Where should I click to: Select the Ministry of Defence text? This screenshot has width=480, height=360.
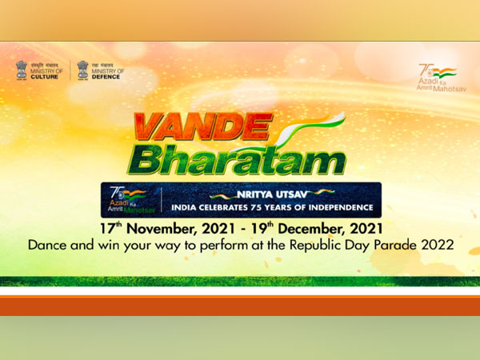pyautogui.click(x=106, y=73)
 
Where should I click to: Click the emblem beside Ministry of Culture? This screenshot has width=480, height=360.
pyautogui.click(x=22, y=70)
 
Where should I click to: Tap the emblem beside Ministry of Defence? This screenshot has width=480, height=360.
pyautogui.click(x=82, y=70)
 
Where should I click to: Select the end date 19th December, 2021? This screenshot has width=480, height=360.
pyautogui.click(x=309, y=228)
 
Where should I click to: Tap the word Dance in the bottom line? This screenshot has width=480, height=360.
pyautogui.click(x=46, y=245)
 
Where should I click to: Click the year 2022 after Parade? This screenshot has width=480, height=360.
pyautogui.click(x=436, y=245)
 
